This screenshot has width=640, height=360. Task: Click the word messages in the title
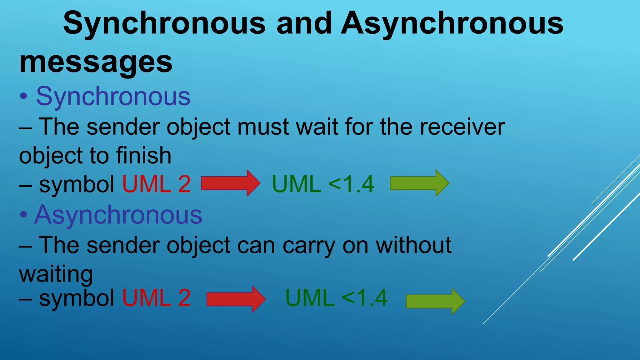tap(96, 62)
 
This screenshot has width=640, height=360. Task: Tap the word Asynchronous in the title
tap(452, 23)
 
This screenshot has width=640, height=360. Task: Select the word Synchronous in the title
tap(164, 23)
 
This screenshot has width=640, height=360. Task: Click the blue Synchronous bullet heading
tap(113, 97)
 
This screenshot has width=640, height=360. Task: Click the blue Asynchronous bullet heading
tap(118, 215)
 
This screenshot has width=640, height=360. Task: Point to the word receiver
tap(462, 127)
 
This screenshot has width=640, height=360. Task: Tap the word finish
tap(144, 156)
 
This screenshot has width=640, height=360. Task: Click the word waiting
tap(56, 274)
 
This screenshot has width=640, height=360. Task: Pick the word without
tap(413, 245)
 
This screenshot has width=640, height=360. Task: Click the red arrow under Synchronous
tap(231, 183)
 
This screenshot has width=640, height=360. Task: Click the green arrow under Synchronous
tap(419, 183)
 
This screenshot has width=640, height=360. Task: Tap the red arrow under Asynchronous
tap(236, 299)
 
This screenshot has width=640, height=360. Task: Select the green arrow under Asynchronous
tap(435, 302)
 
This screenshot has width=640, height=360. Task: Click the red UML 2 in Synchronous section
tap(156, 184)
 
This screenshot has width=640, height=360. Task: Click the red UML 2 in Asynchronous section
tap(156, 298)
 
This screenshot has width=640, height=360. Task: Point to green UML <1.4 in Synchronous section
tap(323, 184)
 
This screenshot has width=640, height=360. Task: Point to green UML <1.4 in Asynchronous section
tap(336, 298)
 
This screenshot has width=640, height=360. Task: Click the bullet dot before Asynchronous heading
tap(23, 215)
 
